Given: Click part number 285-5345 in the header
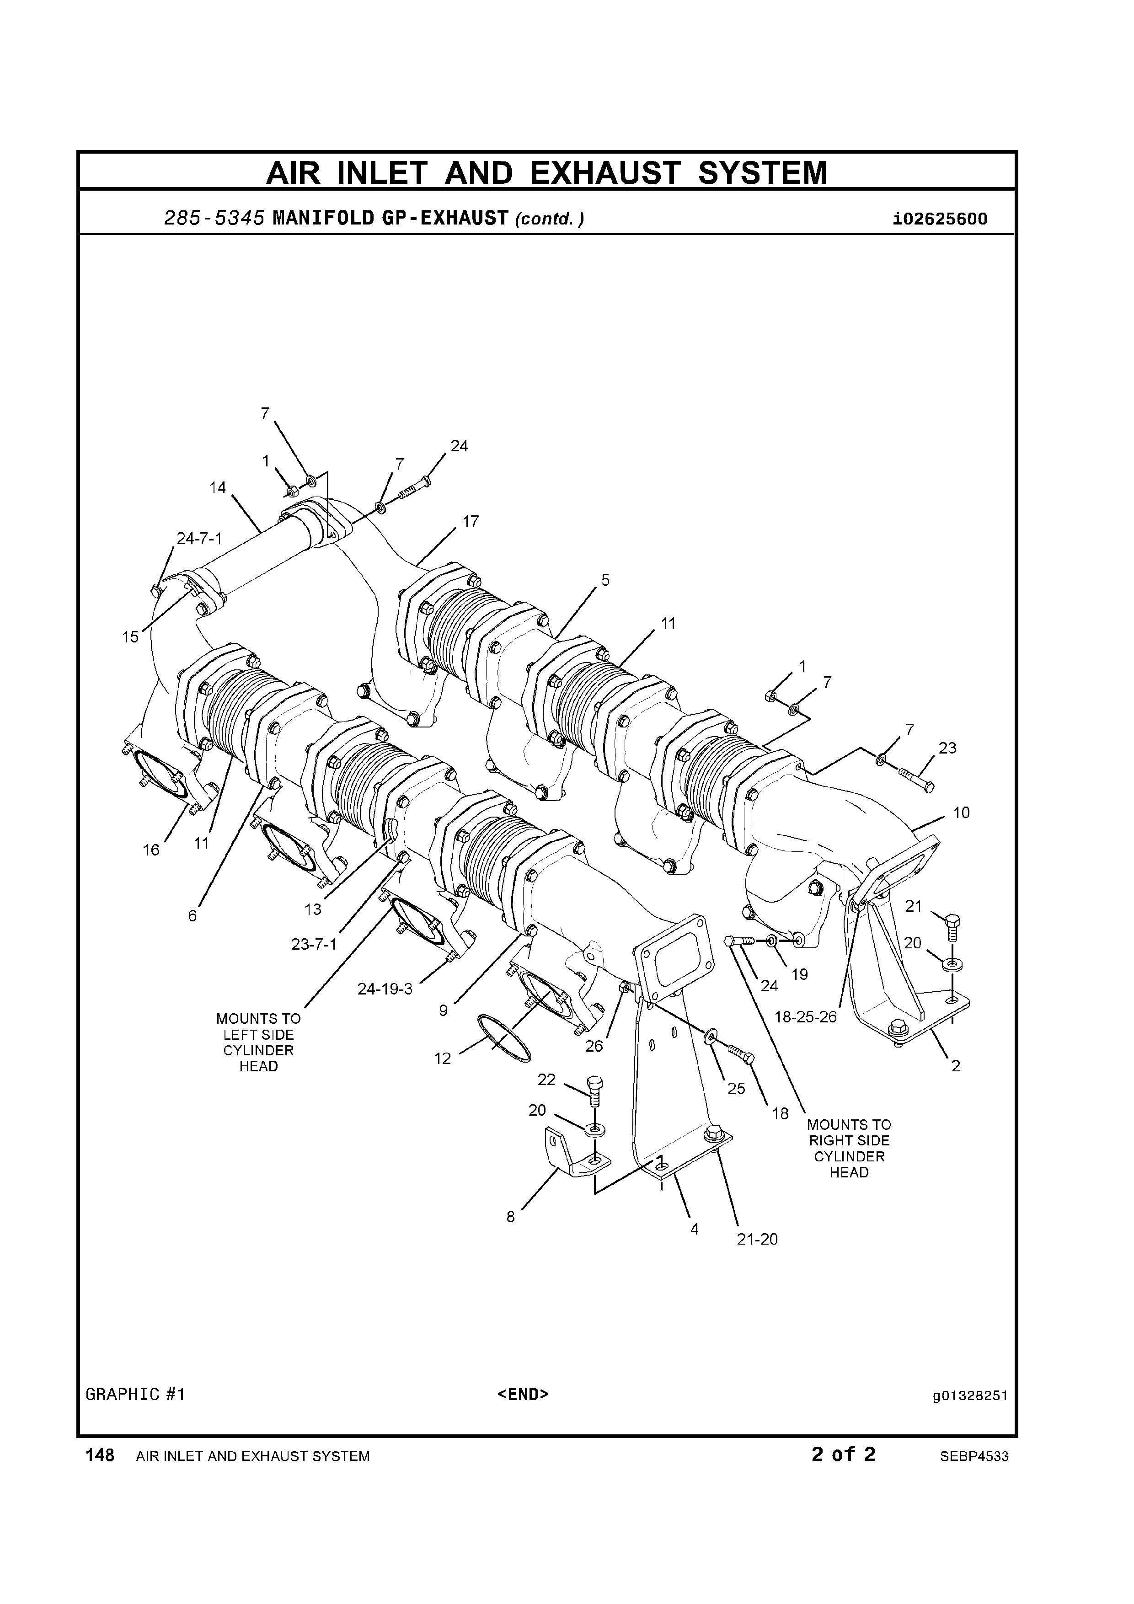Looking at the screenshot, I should tap(214, 219).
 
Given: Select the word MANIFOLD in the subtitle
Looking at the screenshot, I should tap(323, 219).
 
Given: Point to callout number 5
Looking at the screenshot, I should tap(605, 580).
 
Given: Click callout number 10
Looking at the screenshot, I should tap(962, 813).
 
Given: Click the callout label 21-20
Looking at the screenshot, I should tap(757, 1239).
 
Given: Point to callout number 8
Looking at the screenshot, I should tap(511, 1217).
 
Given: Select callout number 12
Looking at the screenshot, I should tap(442, 1059).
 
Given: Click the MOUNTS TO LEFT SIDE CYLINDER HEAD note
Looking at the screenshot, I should tap(258, 1043).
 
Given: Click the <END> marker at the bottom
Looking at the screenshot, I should tap(523, 1395).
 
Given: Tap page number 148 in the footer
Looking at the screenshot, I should tap(100, 1455).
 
